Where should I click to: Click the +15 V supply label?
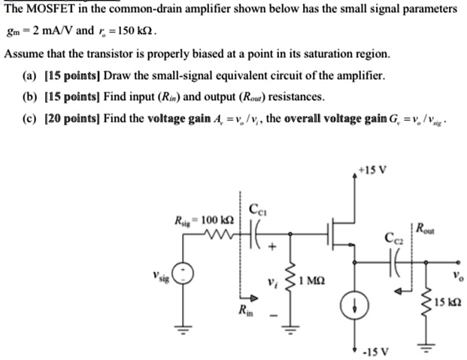(373, 170)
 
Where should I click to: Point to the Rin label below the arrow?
(244, 310)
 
